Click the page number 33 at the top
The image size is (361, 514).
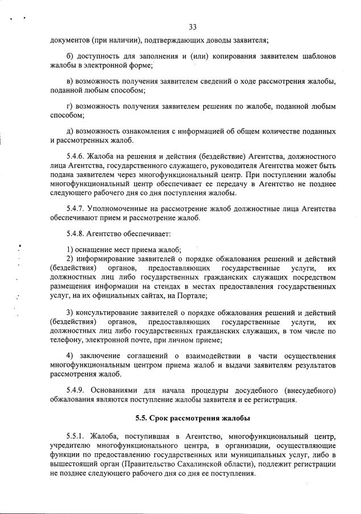click(192, 27)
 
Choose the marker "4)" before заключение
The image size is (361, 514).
click(70, 356)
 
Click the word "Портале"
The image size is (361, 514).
click(190, 296)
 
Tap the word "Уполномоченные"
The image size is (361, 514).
click(117, 209)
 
